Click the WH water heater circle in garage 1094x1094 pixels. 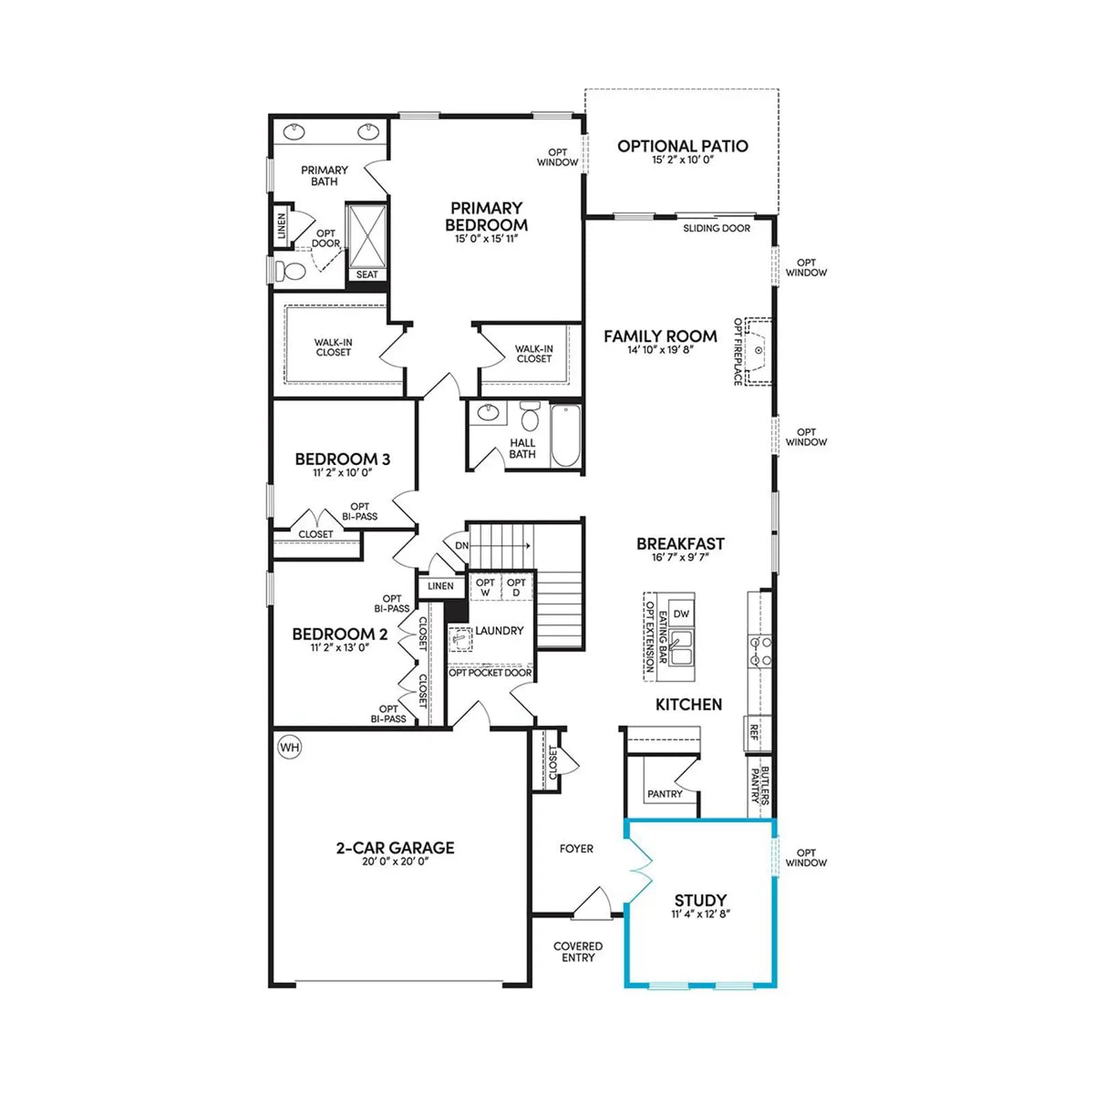point(290,747)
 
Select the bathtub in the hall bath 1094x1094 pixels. point(565,436)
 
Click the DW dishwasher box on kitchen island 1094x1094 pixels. point(681,614)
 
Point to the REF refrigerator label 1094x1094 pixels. point(754,733)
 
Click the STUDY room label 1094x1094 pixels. point(700,900)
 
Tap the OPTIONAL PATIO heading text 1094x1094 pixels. point(682,146)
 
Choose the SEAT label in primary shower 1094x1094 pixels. point(367,274)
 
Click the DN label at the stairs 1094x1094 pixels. point(462,545)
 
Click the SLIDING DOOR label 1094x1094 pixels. point(717,228)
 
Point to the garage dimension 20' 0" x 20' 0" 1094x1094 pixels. point(395,862)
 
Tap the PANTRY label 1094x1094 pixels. point(665,794)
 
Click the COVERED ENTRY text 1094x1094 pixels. point(578,952)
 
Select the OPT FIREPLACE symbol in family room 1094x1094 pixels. point(758,351)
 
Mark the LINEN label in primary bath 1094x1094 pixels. point(282,226)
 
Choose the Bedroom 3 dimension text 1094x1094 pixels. point(343,472)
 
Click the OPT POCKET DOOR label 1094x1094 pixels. point(490,673)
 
